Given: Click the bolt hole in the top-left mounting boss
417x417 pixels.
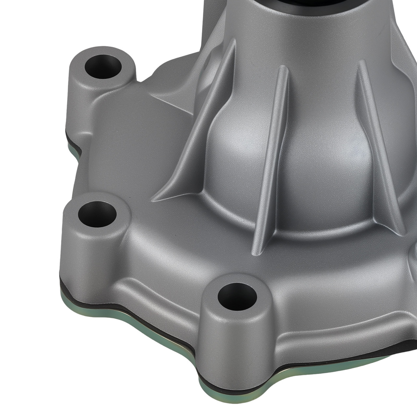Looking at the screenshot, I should pyautogui.click(x=103, y=67).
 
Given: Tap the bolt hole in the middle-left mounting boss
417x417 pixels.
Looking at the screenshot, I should pyautogui.click(x=97, y=214).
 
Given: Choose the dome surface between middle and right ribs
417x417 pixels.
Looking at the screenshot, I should pyautogui.click(x=325, y=167).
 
